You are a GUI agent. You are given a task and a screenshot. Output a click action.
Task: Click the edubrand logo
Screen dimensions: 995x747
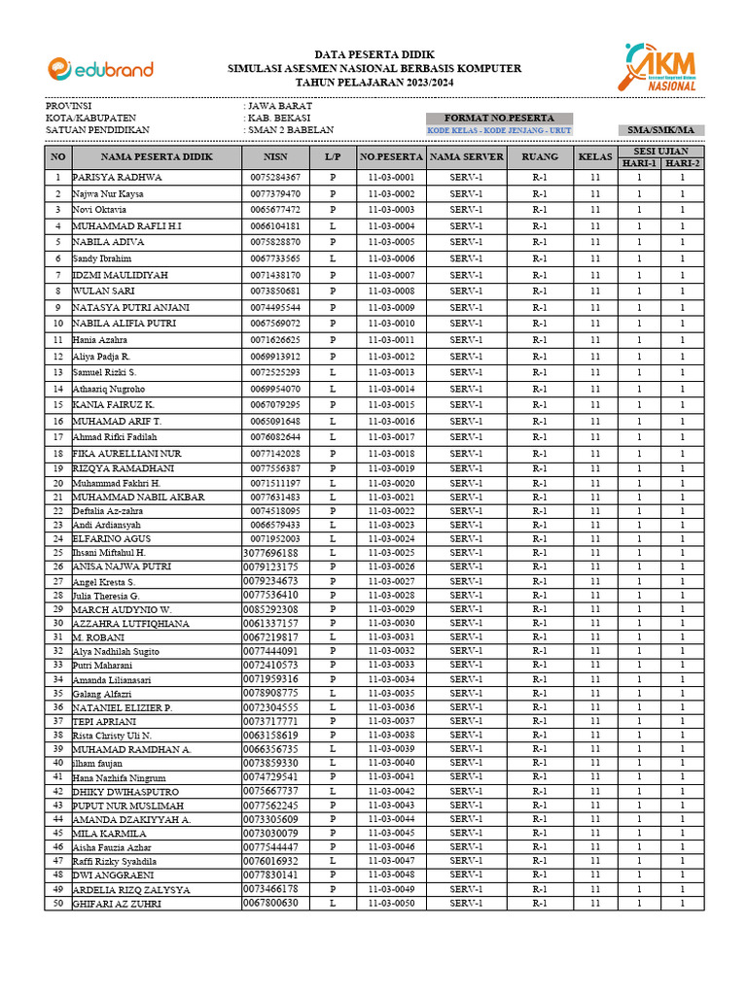click(x=100, y=68)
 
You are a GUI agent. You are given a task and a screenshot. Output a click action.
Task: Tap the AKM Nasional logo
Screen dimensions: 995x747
click(x=662, y=67)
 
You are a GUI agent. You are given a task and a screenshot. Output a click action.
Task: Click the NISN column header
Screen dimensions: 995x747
click(x=275, y=156)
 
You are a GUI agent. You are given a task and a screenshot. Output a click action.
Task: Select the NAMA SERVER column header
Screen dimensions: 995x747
click(x=466, y=156)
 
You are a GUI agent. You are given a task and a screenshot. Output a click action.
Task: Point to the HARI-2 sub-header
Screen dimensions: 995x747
click(x=683, y=163)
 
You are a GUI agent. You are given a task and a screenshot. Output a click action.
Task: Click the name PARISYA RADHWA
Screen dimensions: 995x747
click(x=117, y=178)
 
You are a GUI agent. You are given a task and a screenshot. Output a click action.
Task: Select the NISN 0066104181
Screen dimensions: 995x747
click(x=275, y=226)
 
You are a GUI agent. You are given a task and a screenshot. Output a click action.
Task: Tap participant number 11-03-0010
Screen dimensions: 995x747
click(x=391, y=324)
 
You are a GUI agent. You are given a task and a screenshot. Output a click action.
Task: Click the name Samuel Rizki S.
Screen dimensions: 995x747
click(x=105, y=372)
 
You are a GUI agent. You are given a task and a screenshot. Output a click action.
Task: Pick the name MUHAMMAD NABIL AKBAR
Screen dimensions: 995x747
click(x=138, y=497)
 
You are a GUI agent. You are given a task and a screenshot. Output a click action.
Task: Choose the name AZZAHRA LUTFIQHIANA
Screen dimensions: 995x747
click(x=130, y=623)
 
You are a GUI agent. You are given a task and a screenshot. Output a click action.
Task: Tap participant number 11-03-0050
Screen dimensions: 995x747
click(x=391, y=904)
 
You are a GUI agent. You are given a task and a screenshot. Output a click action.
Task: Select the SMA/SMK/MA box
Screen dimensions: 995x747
click(x=660, y=130)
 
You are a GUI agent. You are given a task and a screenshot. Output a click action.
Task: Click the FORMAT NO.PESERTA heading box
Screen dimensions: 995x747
click(x=499, y=118)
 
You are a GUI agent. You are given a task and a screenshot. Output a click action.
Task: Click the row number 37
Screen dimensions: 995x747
click(x=58, y=722)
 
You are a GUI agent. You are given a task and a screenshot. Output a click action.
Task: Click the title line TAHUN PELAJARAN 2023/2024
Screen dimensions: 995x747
click(x=373, y=82)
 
